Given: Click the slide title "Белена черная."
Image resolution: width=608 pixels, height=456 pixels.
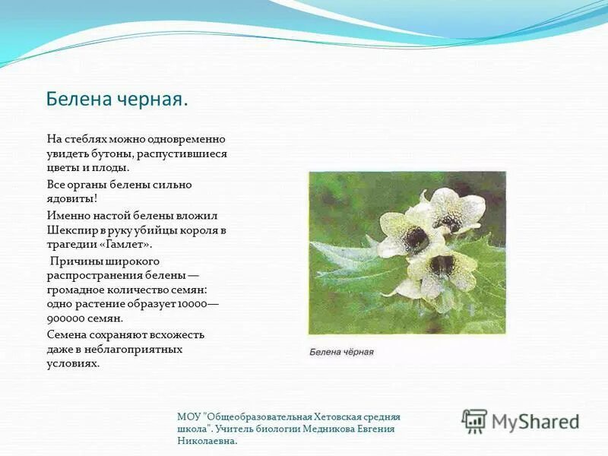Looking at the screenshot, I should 116,100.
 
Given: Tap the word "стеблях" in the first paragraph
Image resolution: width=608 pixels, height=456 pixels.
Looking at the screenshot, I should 84,139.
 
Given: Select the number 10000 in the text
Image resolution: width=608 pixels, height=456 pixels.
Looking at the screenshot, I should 191,304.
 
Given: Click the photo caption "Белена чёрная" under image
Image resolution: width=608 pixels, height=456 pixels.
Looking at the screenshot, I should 341,352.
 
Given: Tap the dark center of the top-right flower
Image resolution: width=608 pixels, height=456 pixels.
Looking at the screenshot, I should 448,220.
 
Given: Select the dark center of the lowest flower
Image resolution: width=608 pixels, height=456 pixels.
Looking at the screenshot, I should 442,267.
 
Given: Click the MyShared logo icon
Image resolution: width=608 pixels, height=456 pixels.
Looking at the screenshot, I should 474,420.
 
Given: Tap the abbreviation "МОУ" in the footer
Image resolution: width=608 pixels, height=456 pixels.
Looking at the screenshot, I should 188,416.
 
